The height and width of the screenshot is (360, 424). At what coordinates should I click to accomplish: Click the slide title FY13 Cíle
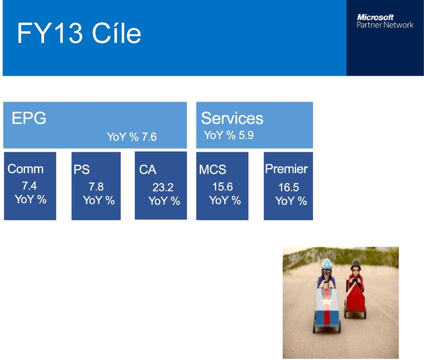pyautogui.click(x=79, y=33)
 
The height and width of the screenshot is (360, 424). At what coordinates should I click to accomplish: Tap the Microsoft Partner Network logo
pyautogui.click(x=385, y=21)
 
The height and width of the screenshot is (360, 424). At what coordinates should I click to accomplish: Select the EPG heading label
pyautogui.click(x=29, y=118)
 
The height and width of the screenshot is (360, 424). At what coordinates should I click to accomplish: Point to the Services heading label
pyautogui.click(x=232, y=118)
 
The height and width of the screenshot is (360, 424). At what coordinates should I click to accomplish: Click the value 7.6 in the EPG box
pyautogui.click(x=149, y=137)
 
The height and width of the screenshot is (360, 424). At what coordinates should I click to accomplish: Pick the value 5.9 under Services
pyautogui.click(x=246, y=135)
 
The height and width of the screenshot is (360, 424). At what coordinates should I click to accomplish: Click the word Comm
pyautogui.click(x=26, y=169)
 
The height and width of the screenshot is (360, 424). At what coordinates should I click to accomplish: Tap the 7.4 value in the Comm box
pyautogui.click(x=29, y=186)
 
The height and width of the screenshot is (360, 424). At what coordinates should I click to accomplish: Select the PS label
pyautogui.click(x=81, y=169)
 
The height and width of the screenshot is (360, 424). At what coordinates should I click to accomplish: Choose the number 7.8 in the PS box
pyautogui.click(x=96, y=187)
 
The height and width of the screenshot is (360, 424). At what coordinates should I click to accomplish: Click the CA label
pyautogui.click(x=148, y=170)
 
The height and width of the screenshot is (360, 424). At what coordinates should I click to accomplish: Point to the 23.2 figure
pyautogui.click(x=163, y=187)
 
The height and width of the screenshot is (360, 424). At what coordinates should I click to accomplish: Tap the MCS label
pyautogui.click(x=212, y=169)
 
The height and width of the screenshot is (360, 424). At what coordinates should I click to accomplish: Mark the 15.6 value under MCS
pyautogui.click(x=223, y=187)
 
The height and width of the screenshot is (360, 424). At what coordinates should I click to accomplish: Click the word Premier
pyautogui.click(x=286, y=169)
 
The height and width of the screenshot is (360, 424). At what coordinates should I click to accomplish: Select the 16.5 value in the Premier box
pyautogui.click(x=289, y=187)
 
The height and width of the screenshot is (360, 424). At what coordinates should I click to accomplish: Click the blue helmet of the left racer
pyautogui.click(x=326, y=264)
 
